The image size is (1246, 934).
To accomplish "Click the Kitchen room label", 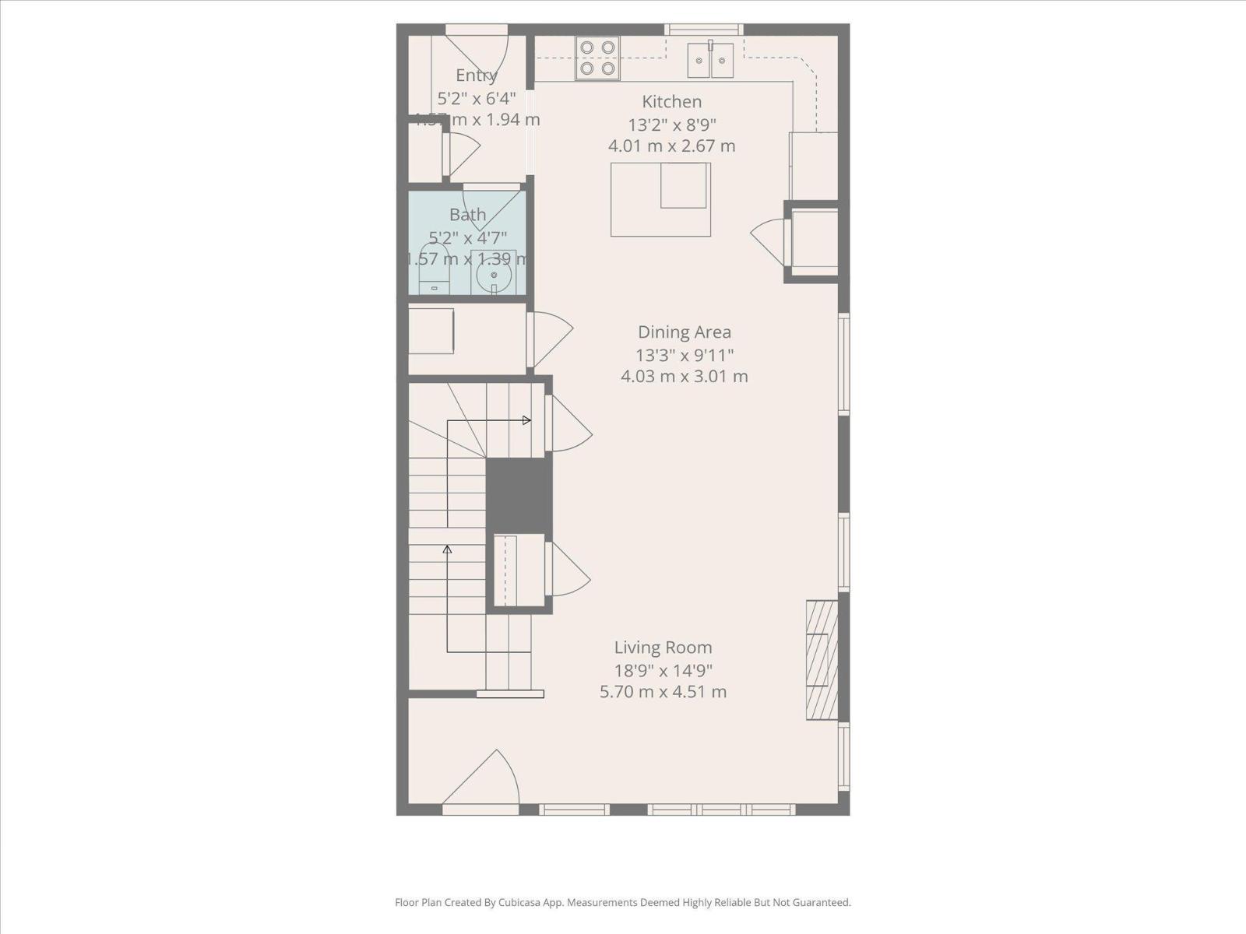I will (671, 102).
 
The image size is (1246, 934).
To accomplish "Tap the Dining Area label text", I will (684, 332).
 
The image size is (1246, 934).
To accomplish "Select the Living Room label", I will (663, 648).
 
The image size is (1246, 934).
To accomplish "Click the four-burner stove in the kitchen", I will (597, 58).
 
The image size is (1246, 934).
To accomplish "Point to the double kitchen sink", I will (710, 61).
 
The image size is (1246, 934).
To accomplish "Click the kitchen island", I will (660, 199).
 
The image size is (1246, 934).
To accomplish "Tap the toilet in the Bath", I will (435, 269).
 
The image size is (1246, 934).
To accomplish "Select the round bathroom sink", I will (494, 275).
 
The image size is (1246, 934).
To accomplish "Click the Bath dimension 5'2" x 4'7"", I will (467, 237).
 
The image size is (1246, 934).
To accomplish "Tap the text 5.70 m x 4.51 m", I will (663, 692).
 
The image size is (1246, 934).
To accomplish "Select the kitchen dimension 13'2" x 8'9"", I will (671, 125).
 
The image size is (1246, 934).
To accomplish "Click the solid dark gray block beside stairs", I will (519, 494).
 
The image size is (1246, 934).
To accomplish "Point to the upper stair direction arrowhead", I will (527, 420).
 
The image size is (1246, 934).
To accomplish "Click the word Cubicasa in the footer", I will (527, 903).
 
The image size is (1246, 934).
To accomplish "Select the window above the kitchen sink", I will (704, 30).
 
